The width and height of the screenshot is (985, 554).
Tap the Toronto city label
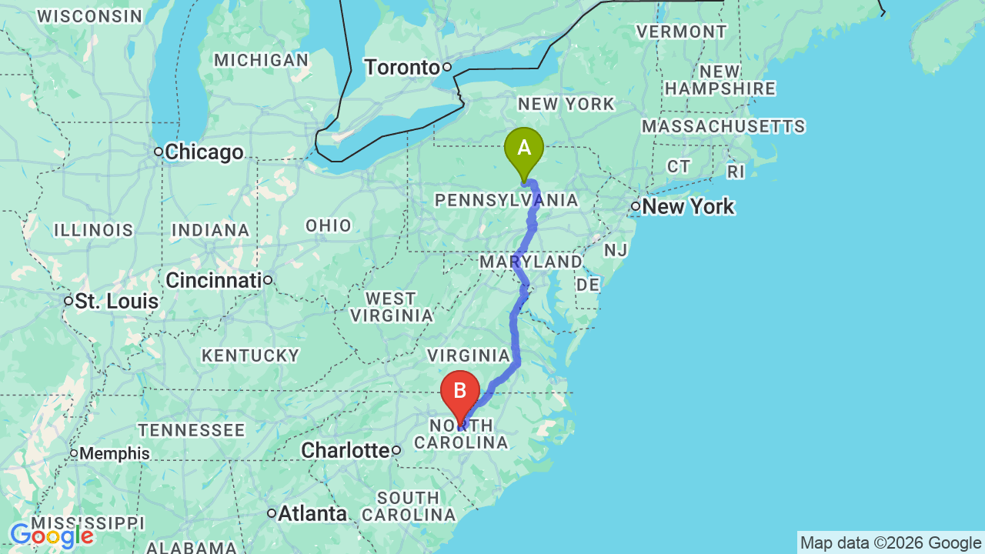coord(402,68)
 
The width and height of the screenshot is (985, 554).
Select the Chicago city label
coord(204,152)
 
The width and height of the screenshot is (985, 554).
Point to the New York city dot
coord(636,206)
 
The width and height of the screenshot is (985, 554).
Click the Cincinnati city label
coord(213,280)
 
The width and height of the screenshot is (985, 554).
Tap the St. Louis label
coord(116,301)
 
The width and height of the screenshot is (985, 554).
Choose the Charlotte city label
coord(345,450)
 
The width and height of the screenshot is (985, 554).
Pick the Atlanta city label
coord(312,513)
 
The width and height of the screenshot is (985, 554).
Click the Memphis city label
coord(115,453)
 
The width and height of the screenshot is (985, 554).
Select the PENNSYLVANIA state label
coord(506,201)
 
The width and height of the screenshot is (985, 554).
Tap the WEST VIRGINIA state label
coord(391,306)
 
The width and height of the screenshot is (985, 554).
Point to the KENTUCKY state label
coord(250,355)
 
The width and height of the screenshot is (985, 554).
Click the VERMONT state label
coord(681,32)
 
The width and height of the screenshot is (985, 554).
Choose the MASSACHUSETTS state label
coord(723,126)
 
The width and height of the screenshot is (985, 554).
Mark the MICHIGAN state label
coord(262,60)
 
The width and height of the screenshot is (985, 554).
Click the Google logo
coord(52,536)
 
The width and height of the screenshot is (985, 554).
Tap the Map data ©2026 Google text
coord(890,543)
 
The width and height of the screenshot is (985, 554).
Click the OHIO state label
coord(329,225)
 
